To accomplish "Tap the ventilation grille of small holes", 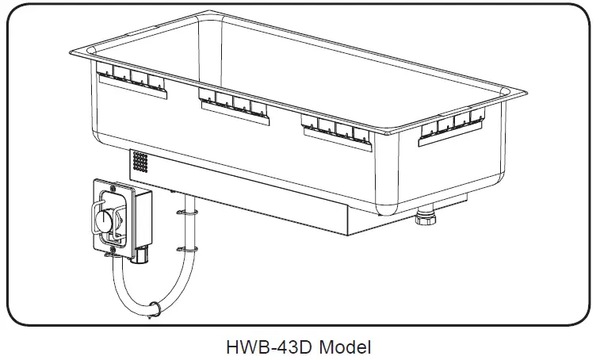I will (x=140, y=163).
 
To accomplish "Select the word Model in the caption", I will (x=344, y=346).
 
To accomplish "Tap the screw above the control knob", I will (x=106, y=187).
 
